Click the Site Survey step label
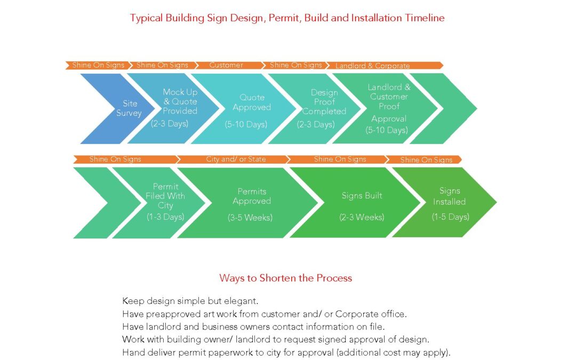[129, 108]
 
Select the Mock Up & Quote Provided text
[180, 101]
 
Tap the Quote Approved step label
[252, 102]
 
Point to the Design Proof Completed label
[324, 102]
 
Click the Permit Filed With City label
[165, 196]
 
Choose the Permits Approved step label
[252, 196]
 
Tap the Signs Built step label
[362, 196]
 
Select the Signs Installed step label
[449, 196]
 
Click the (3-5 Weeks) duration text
[250, 218]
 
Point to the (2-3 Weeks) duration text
[362, 217]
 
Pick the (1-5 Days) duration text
[450, 217]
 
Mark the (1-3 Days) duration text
[165, 217]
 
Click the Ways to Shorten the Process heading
[285, 278]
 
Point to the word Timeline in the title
[425, 18]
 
